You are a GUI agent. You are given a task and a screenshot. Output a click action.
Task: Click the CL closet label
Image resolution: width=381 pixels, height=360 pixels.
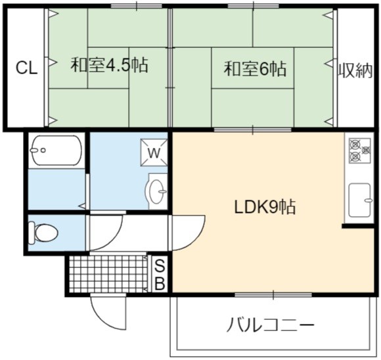[26, 68]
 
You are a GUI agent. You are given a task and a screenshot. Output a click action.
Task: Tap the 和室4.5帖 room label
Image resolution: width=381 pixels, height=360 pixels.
[109, 64]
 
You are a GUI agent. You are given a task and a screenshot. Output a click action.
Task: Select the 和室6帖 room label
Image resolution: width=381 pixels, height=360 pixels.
[255, 68]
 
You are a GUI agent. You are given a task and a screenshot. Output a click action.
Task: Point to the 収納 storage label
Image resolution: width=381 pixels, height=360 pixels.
[355, 71]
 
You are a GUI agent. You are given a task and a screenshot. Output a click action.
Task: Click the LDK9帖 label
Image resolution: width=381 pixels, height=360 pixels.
[265, 207]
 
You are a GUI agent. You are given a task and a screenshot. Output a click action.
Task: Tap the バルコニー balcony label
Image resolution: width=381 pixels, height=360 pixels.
[270, 325]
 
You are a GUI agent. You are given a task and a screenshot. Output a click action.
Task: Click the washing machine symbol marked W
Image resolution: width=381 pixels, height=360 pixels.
[154, 152]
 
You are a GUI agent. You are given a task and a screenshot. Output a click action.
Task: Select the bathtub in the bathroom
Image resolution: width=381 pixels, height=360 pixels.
[56, 150]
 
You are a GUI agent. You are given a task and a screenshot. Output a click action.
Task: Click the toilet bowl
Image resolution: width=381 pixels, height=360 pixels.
[43, 233]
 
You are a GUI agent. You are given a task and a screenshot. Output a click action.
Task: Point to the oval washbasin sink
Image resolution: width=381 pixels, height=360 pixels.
[157, 192]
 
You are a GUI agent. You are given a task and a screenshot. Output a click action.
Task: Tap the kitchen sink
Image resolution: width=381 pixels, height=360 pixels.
[360, 200]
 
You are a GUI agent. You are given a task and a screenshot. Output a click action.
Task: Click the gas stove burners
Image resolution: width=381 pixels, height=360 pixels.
[360, 150]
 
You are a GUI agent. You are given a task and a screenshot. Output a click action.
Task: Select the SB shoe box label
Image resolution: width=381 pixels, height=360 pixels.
[160, 275]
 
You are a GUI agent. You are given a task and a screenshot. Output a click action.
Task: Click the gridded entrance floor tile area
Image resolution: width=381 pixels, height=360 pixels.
[108, 274]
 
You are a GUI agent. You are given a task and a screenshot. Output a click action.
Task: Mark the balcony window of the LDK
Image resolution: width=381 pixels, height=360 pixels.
[273, 295]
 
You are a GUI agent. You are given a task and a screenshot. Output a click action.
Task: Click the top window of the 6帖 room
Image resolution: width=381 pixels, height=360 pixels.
[254, 6]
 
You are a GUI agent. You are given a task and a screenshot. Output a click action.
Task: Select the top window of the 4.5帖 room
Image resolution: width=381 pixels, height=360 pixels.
[137, 6]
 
